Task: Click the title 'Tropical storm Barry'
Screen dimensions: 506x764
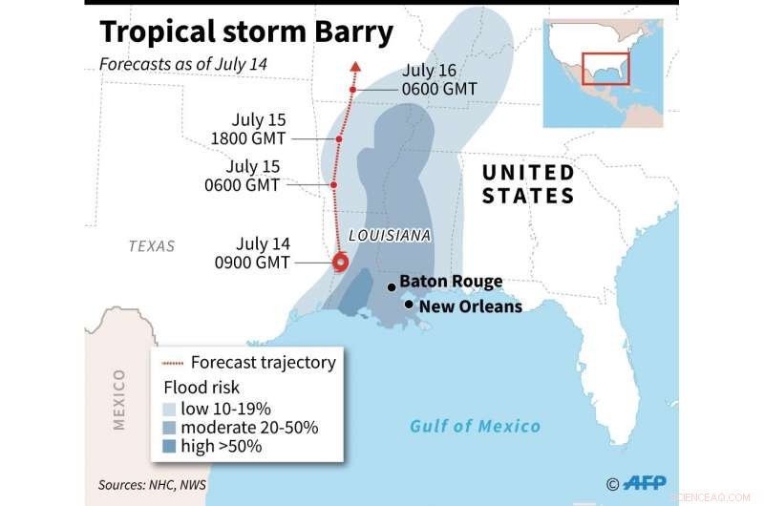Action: (246, 32)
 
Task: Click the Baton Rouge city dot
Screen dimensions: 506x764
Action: (391, 286)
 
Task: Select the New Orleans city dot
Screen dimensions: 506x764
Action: (409, 306)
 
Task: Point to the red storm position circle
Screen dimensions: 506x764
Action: (339, 264)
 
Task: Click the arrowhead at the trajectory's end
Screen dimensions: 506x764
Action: (355, 67)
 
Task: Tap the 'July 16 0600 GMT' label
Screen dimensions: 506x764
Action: (438, 79)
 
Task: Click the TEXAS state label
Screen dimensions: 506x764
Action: (152, 246)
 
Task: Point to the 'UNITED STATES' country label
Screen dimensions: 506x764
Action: (528, 184)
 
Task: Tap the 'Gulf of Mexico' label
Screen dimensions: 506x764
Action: (475, 426)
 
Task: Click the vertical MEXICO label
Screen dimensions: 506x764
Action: (118, 398)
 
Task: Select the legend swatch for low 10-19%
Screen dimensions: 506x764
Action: (170, 408)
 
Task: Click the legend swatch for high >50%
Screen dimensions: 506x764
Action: (170, 446)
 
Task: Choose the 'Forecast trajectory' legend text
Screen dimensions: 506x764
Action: (263, 363)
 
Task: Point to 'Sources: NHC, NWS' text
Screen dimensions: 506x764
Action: (152, 484)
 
